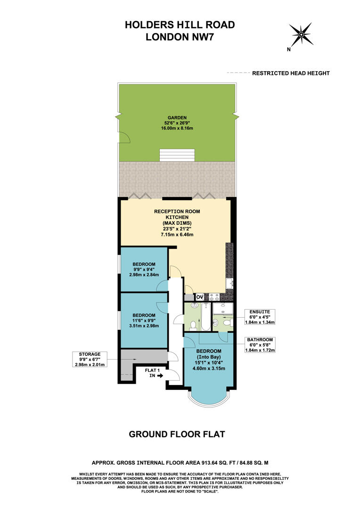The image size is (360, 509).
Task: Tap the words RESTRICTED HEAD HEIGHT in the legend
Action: (x=291, y=73)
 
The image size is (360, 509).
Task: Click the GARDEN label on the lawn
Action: (x=177, y=118)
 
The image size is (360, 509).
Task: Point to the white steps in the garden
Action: (x=177, y=155)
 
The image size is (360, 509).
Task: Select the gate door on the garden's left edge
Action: (x=123, y=137)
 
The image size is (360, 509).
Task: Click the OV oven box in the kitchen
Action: (x=199, y=297)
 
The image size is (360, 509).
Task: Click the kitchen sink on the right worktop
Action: (x=229, y=283)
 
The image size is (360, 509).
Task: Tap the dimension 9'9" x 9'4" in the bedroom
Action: (x=144, y=270)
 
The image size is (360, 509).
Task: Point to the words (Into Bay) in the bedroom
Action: (x=208, y=357)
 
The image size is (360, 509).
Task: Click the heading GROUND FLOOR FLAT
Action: (x=177, y=434)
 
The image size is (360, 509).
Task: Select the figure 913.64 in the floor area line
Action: (x=202, y=463)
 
